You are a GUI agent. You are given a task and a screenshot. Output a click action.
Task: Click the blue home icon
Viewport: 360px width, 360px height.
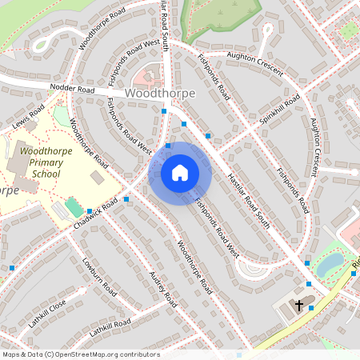pyautogui.click(x=179, y=173)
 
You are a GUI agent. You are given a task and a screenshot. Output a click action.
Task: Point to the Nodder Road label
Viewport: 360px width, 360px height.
pyautogui.click(x=71, y=89)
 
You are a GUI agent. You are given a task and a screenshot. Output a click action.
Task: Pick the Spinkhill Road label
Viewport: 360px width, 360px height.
pyautogui.click(x=280, y=112)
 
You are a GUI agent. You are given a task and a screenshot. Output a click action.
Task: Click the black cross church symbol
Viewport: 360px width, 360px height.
pyautogui.click(x=299, y=305)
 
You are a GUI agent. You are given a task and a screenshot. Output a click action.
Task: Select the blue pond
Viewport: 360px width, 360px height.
pyautogui.click(x=330, y=264)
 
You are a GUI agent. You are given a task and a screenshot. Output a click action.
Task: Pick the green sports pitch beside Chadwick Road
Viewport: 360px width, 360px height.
pyautogui.click(x=74, y=207)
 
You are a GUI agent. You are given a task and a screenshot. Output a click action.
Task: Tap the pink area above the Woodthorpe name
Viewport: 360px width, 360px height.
pyautogui.click(x=146, y=77)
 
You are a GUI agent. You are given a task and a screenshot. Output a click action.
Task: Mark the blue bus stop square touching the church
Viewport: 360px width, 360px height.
pyautogui.click(x=311, y=306)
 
